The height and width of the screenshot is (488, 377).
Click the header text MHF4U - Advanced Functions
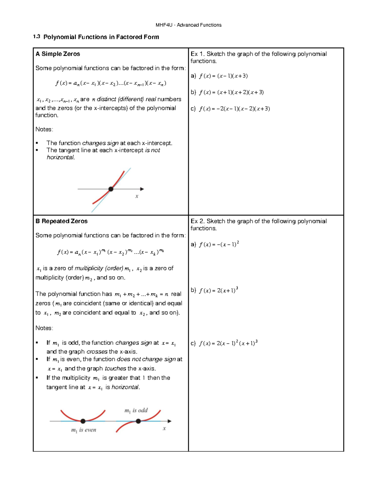(188, 25)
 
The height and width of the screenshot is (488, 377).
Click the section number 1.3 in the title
(36, 37)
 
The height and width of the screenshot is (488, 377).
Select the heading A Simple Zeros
(58, 54)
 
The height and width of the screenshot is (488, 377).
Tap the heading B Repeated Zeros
(62, 221)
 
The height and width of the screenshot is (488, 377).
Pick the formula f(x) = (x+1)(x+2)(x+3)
(231, 92)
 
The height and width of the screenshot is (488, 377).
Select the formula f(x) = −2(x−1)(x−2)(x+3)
(234, 109)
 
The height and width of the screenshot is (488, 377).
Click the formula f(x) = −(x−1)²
(219, 244)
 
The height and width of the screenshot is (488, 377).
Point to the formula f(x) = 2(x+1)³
(218, 290)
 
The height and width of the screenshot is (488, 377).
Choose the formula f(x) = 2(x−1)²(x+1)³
(228, 343)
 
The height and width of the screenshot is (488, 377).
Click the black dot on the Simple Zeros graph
(111, 189)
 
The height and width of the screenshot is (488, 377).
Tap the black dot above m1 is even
(83, 421)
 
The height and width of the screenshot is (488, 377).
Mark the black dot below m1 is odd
(138, 421)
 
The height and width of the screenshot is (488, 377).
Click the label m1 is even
(84, 430)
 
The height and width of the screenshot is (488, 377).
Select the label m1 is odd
(136, 410)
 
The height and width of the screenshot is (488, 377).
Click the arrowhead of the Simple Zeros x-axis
(142, 189)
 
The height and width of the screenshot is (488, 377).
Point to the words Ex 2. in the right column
(197, 221)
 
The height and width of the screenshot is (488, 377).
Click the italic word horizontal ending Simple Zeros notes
(61, 157)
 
